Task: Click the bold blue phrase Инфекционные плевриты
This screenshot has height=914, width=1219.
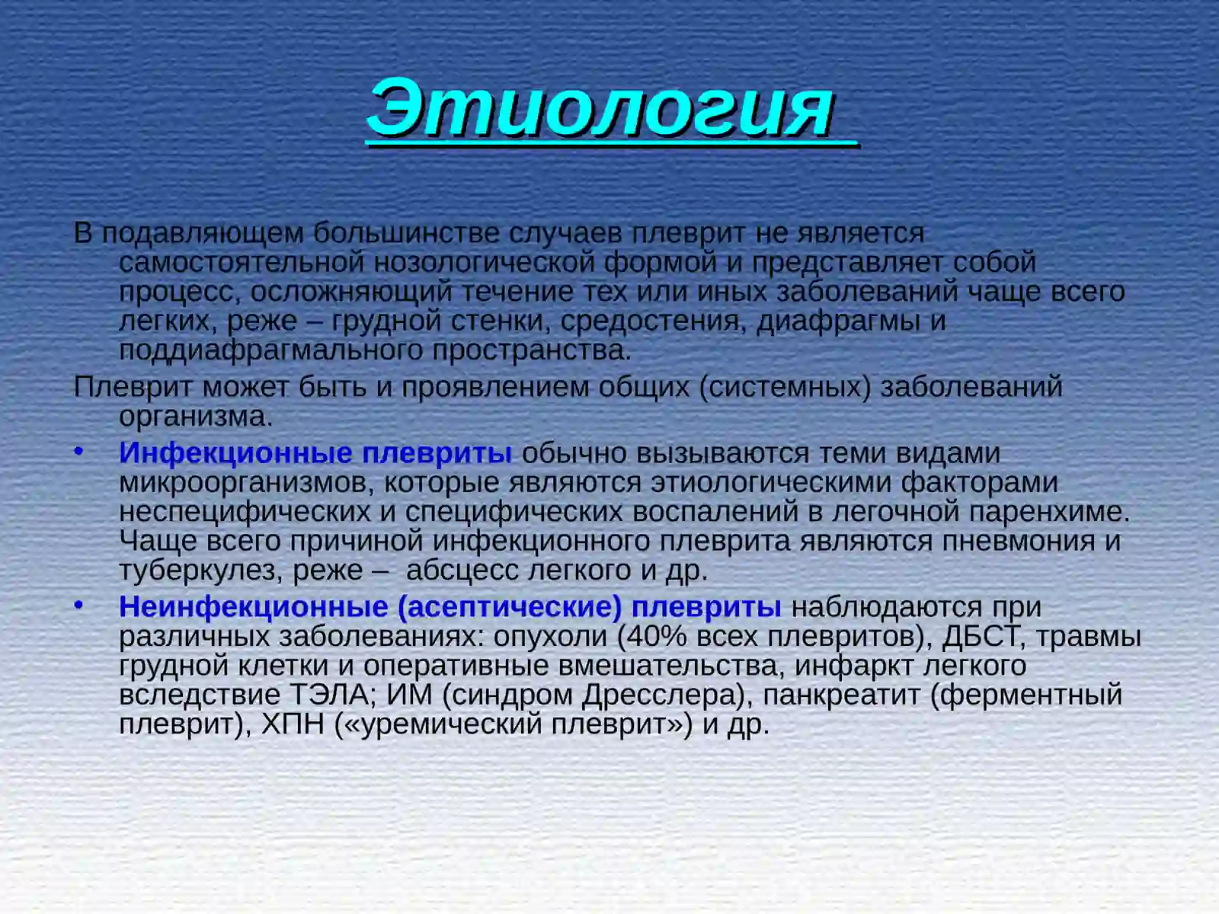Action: (315, 453)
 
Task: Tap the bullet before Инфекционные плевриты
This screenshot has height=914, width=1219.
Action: (78, 452)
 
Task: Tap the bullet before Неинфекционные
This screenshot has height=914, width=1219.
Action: (78, 606)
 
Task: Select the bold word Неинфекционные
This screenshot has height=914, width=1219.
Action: (254, 607)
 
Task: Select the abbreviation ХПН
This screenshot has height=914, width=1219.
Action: (293, 724)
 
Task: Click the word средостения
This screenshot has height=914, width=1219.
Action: (650, 321)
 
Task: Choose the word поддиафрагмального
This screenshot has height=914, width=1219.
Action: (270, 350)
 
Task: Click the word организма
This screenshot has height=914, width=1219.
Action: (195, 417)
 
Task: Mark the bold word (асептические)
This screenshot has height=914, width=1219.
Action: (510, 607)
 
